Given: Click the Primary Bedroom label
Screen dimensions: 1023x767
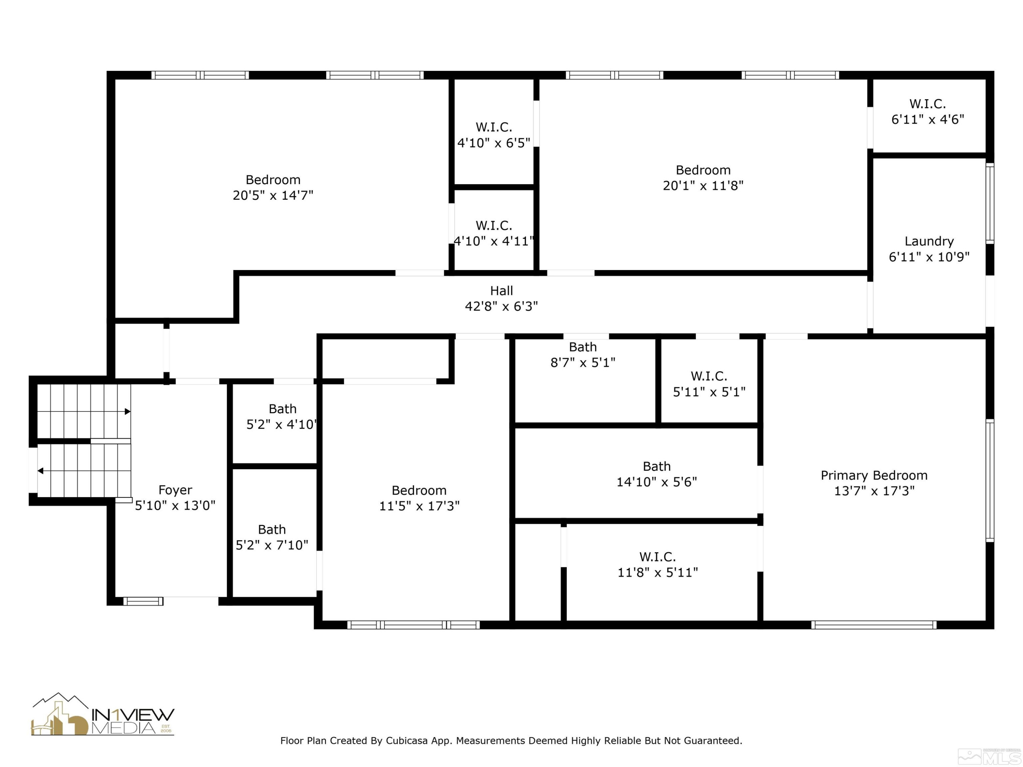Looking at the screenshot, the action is click(874, 475).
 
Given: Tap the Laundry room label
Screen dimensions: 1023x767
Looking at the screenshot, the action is click(929, 241).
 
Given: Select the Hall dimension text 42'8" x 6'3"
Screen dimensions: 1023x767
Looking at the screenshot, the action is click(501, 306).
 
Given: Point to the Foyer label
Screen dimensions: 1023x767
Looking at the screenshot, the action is click(175, 490).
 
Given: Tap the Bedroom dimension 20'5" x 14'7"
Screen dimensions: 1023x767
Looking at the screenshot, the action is click(273, 195).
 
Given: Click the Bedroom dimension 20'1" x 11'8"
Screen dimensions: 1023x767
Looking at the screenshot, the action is click(703, 185).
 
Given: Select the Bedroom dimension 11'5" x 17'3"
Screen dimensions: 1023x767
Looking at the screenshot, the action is click(419, 506).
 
